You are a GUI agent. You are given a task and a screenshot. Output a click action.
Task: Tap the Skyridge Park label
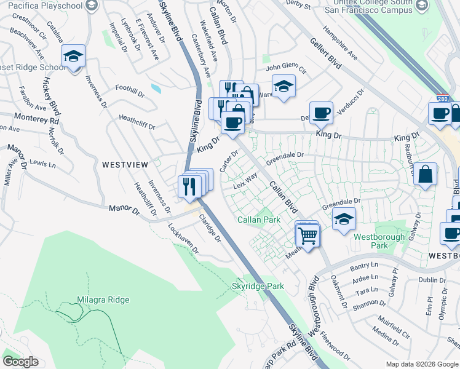(x=258, y=286)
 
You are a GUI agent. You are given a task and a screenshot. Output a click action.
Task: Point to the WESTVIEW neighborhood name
(x=125, y=165)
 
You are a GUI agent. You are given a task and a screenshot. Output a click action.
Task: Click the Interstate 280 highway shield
(x=443, y=99)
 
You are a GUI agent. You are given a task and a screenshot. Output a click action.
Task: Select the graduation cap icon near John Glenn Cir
(x=284, y=86)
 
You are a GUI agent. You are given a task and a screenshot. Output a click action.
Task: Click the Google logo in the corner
(x=20, y=362)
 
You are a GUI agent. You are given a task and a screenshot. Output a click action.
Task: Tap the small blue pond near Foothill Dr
(x=156, y=89)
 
